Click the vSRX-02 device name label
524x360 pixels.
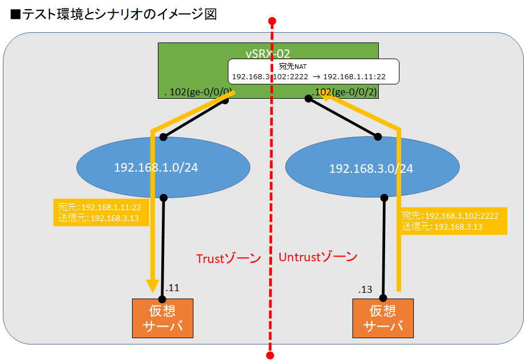(x=267, y=53)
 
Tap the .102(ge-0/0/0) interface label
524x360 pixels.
(x=198, y=91)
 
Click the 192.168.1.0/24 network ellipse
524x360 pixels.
(x=164, y=167)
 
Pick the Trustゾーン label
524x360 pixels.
(x=228, y=258)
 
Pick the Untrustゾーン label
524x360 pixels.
(x=318, y=257)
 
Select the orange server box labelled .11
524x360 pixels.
(x=162, y=319)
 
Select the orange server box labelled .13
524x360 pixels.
(x=383, y=319)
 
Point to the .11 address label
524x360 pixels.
(x=172, y=288)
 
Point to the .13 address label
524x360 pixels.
(x=366, y=289)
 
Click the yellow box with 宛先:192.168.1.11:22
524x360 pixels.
(x=101, y=212)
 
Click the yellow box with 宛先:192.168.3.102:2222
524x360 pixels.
(x=453, y=221)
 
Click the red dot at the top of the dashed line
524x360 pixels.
(x=272, y=22)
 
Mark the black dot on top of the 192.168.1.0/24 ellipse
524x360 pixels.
(x=164, y=137)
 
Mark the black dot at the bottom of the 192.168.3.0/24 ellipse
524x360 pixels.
(x=383, y=198)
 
